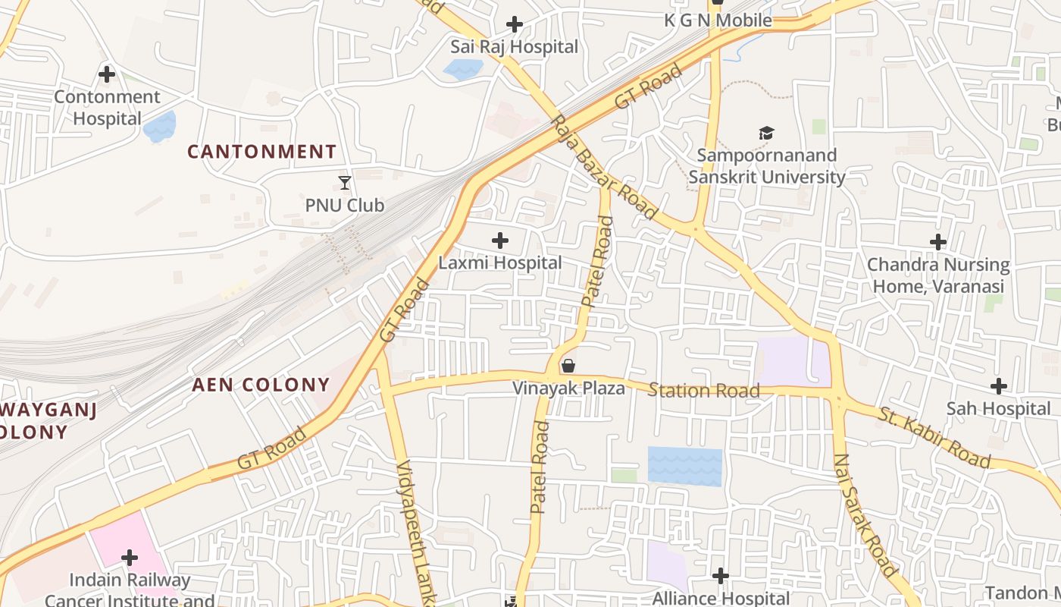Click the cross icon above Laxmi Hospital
point(500,241)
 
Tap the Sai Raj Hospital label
point(514,47)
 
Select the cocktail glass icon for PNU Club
point(345,183)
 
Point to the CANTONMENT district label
point(261,152)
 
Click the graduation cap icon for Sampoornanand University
point(766,134)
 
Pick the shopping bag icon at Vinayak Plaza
point(568,366)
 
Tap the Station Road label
point(703,391)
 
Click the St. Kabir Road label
point(934,438)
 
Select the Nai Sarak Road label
point(865,514)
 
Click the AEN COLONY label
point(261,385)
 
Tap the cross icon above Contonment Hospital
point(107,74)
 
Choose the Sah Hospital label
point(998,409)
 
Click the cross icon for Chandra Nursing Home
point(938,243)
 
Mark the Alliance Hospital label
point(721,598)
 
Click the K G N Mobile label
point(718,20)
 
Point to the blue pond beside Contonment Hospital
point(159,127)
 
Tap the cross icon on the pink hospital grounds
point(130,558)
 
